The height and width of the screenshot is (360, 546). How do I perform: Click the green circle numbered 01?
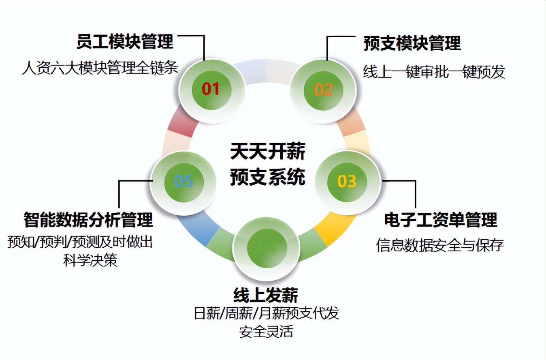[211, 89]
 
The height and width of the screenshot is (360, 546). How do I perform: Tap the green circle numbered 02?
[323, 90]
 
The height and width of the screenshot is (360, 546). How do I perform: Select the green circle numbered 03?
[347, 181]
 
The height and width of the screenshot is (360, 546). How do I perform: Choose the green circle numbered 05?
[183, 181]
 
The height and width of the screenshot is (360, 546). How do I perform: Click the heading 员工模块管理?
[125, 42]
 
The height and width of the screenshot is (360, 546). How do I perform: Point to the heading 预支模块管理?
[412, 43]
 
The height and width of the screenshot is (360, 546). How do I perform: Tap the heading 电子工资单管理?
[440, 220]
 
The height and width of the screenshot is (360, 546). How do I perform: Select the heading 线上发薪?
[266, 295]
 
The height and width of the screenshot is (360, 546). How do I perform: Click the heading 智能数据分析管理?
[88, 220]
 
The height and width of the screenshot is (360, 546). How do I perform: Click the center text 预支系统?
[267, 177]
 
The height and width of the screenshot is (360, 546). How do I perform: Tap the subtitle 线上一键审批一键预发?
[434, 72]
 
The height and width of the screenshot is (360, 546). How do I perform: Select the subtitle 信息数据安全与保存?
[440, 245]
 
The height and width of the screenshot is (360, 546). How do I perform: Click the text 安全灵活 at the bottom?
[266, 332]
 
